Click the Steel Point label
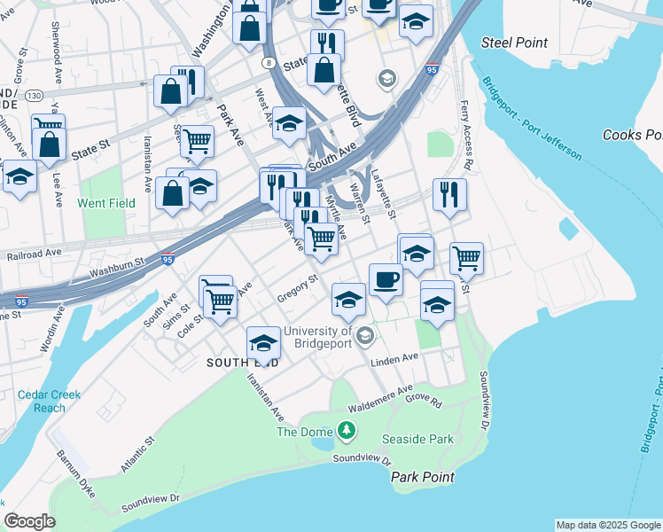[x=514, y=43]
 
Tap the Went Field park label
[x=105, y=203]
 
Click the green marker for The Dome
[x=346, y=432]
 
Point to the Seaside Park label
[x=417, y=439]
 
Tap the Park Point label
[x=423, y=477]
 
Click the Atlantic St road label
[x=138, y=452]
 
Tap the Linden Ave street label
[x=394, y=358]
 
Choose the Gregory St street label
[x=297, y=288]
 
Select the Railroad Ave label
[x=34, y=252]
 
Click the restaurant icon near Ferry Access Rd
[x=449, y=194]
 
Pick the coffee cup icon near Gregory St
[x=386, y=279]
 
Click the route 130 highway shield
[x=34, y=95]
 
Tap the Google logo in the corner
[x=29, y=521]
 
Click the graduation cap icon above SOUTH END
[x=263, y=342]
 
